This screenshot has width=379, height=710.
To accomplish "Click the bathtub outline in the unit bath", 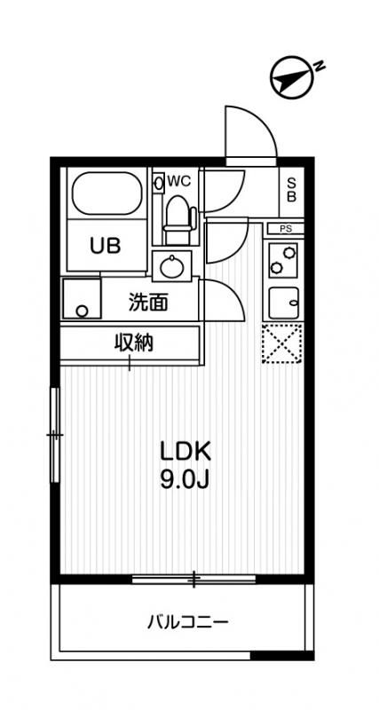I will click(x=107, y=193).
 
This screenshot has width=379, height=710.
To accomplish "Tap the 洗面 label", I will click(x=147, y=302).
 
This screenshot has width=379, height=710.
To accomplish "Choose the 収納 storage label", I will click(x=132, y=343).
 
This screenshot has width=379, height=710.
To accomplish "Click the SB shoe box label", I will click(x=290, y=190).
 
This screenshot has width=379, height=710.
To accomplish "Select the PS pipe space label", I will click(x=285, y=229).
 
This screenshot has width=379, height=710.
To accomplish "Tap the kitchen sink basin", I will click(x=284, y=302).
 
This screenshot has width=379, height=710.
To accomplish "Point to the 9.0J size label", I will click(x=184, y=480).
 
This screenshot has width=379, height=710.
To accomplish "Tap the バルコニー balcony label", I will click(x=187, y=622).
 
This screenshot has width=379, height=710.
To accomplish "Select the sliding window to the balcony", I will click(x=193, y=580).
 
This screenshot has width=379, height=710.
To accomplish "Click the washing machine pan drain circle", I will click(x=82, y=312).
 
